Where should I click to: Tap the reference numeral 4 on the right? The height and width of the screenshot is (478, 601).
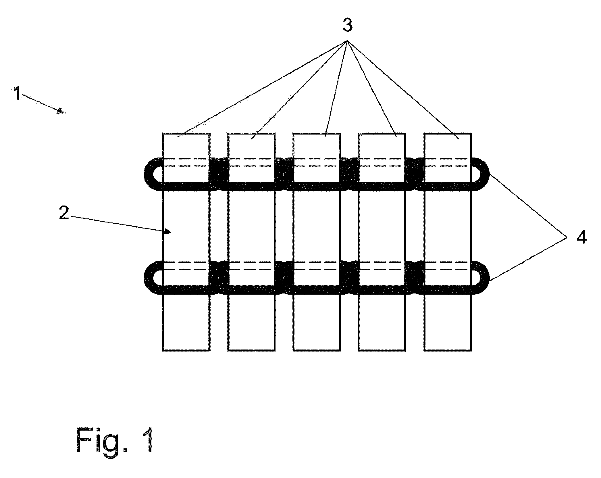[581, 237]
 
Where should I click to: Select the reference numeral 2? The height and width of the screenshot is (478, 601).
[64, 213]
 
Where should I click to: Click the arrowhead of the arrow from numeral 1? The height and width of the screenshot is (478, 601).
[61, 111]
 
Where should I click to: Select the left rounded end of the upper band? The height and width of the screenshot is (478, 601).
[152, 174]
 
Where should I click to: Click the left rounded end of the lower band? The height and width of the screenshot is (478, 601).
[152, 277]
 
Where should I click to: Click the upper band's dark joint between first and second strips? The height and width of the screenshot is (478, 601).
[219, 174]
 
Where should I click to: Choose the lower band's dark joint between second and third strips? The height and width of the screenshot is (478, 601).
[284, 277]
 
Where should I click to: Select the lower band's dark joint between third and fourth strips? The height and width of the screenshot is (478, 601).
[349, 277]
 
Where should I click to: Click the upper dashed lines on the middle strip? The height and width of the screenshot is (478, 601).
[316, 162]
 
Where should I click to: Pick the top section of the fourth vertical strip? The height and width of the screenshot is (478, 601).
[382, 145]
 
